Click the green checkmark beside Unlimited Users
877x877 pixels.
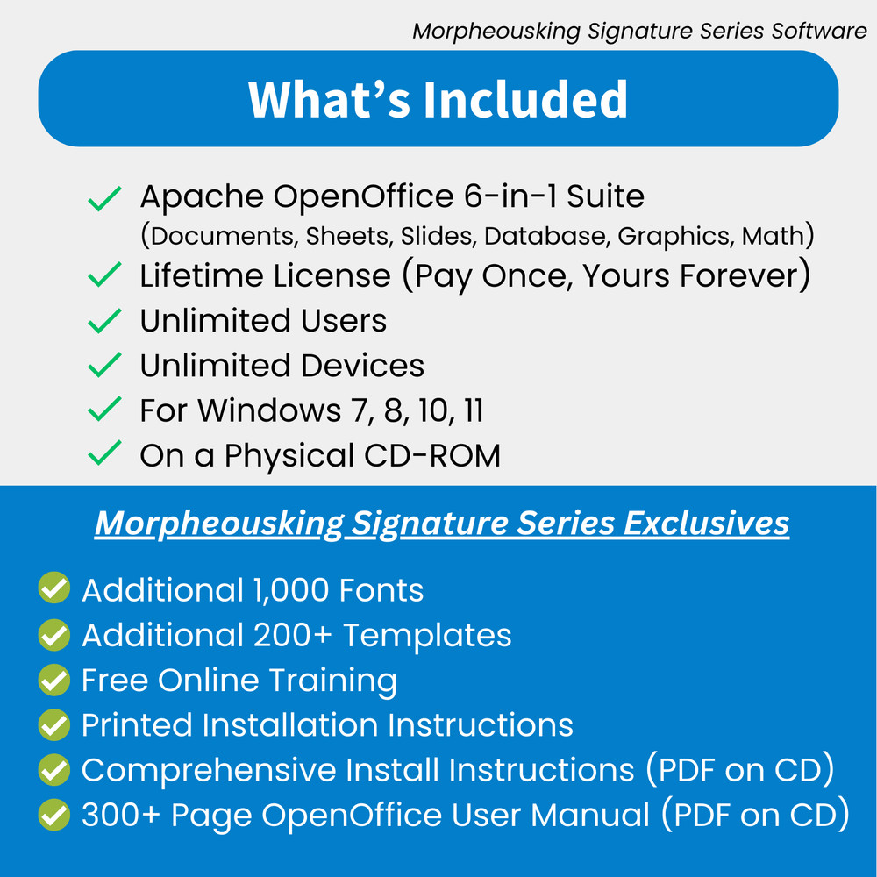coord(104,321)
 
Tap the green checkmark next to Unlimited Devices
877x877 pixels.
coord(104,366)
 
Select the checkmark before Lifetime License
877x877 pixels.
coord(104,276)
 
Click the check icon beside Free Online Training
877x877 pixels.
coord(54,680)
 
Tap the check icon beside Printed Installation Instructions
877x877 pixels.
coord(54,725)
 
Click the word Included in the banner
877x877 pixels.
coord(526,99)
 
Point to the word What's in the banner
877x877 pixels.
coord(329,99)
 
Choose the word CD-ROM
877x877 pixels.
coord(437,456)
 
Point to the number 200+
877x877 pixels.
coord(293,635)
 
